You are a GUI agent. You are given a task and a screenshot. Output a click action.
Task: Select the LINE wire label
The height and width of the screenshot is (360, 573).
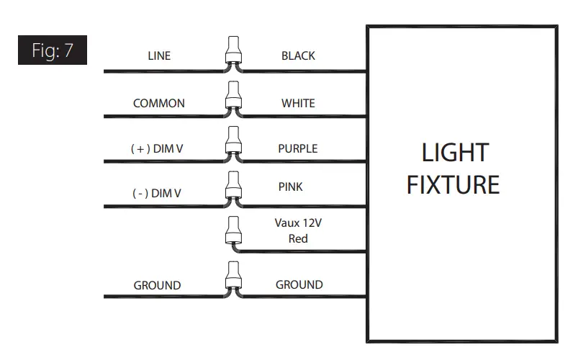click(x=158, y=56)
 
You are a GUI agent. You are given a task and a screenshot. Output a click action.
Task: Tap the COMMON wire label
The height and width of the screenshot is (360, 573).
click(x=158, y=103)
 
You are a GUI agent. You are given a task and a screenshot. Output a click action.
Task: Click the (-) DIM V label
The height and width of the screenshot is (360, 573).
click(x=156, y=194)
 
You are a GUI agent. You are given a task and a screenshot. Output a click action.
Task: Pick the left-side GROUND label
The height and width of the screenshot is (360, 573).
click(x=157, y=285)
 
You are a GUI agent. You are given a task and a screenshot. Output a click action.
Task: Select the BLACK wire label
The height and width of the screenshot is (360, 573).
click(x=298, y=55)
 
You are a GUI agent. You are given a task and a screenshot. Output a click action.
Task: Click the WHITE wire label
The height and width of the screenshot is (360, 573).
click(x=298, y=103)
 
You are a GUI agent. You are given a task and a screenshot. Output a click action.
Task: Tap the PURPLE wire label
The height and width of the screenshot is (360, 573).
click(x=298, y=148)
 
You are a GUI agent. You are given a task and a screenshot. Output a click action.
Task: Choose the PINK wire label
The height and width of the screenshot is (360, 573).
click(x=291, y=186)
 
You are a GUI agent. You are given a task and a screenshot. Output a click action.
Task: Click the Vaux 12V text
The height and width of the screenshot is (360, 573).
click(x=298, y=223)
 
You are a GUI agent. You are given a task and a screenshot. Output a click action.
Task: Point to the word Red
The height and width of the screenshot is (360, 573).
click(x=298, y=238)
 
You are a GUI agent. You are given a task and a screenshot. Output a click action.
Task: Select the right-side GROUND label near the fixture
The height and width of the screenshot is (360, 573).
click(x=299, y=284)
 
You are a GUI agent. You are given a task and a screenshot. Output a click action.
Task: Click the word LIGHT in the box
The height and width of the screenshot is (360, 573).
click(x=454, y=153)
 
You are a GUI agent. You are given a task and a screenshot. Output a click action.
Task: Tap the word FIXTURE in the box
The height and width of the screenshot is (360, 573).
click(x=453, y=185)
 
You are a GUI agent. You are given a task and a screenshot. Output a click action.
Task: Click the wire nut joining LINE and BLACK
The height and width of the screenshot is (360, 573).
click(x=233, y=52)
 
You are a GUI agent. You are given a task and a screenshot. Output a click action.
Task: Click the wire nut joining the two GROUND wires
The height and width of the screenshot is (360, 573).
click(x=233, y=278)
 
